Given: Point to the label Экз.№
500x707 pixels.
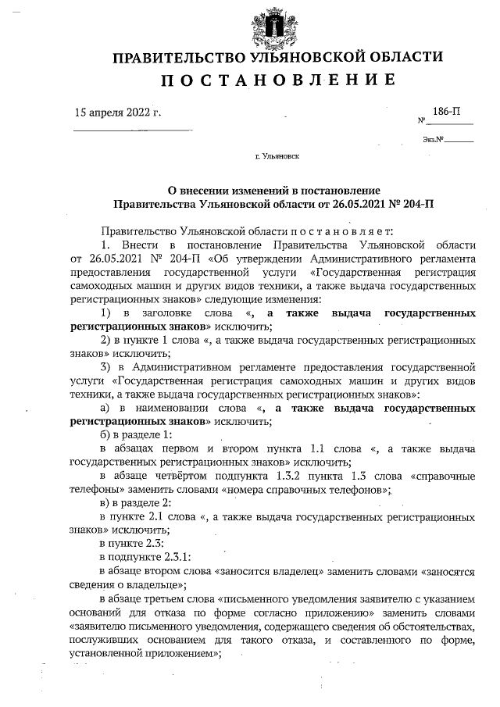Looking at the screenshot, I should [434, 140].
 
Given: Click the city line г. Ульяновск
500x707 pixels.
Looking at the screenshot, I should [277, 156].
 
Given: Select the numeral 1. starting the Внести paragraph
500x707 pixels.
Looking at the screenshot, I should [108, 245].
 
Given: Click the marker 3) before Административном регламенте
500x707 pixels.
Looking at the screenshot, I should [108, 366].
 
